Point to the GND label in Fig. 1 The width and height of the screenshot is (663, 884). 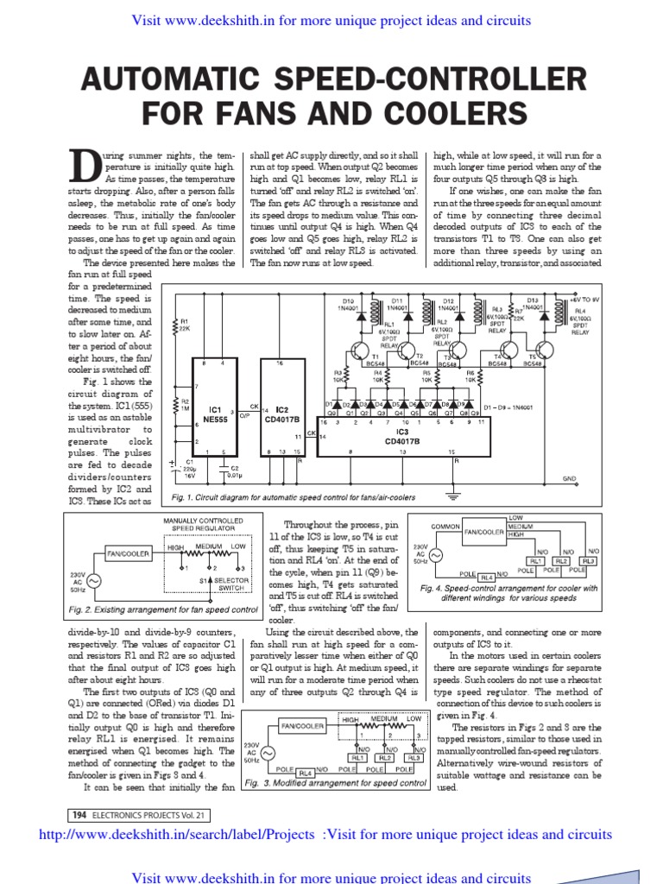(569, 478)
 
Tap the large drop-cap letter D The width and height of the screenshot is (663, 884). (84, 167)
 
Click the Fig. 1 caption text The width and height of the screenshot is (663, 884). (294, 497)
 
